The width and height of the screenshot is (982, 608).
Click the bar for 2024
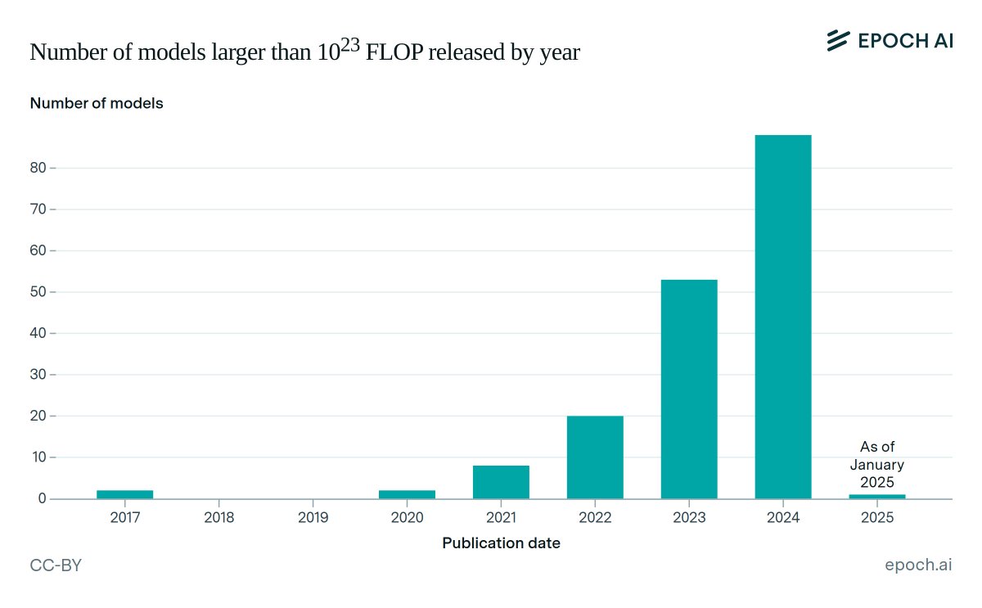783,317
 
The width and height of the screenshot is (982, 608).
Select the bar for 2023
689,389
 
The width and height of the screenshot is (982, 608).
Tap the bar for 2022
595,457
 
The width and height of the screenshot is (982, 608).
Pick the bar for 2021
501,482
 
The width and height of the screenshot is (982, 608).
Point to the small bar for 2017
124,494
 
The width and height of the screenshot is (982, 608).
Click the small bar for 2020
407,494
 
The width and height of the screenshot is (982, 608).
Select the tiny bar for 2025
877,496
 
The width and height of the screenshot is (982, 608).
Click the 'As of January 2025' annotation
877,464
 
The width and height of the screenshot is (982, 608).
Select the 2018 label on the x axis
218,518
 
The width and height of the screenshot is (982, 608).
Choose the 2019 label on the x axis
313,518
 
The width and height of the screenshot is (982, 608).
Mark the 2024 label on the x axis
783,518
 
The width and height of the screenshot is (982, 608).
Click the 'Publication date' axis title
501,543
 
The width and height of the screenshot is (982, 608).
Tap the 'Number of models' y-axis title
97,104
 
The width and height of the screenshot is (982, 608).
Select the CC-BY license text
56,566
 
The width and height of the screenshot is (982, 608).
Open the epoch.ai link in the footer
918,566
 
